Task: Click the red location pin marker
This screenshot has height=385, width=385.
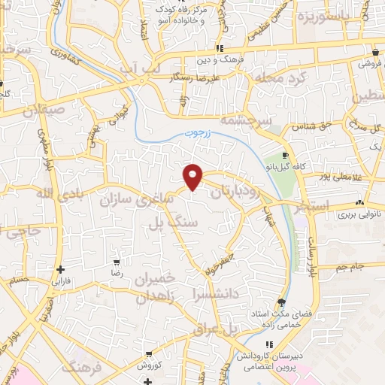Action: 194,176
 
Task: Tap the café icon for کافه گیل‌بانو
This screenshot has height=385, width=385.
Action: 285,155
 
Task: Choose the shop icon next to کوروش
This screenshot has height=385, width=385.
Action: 149,353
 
